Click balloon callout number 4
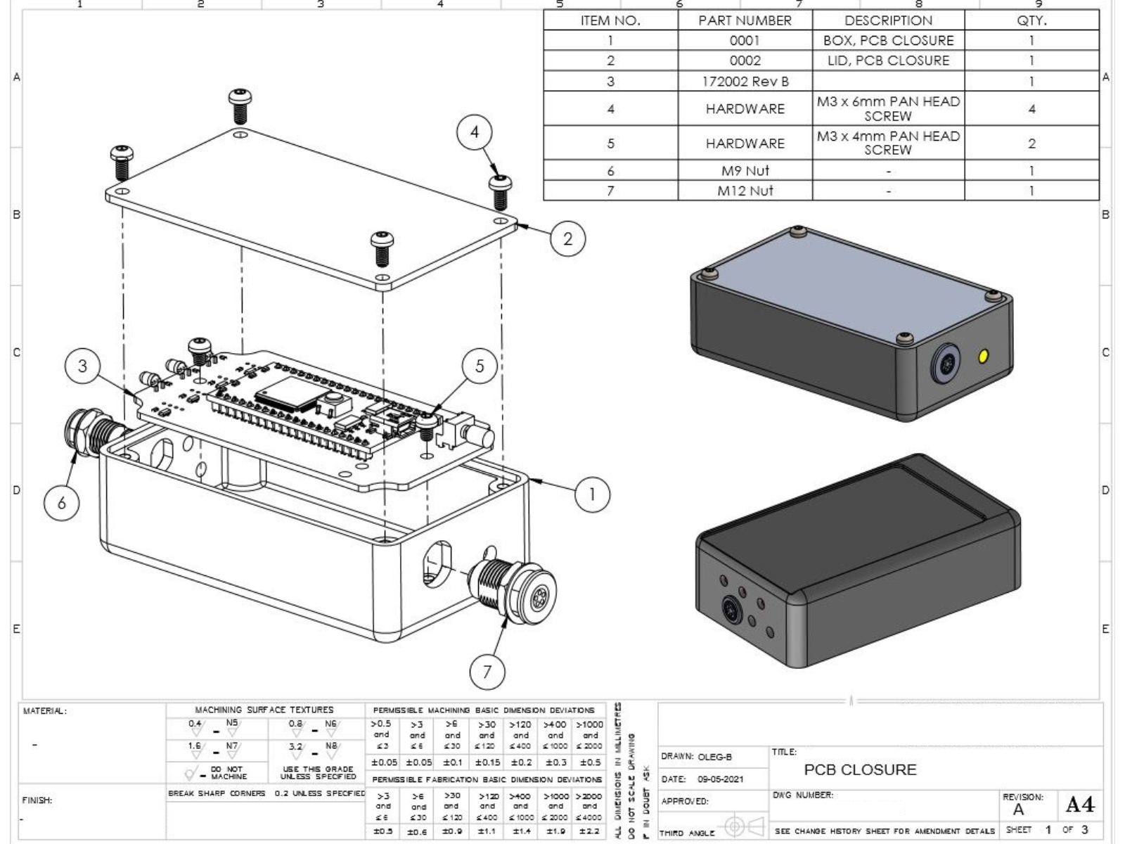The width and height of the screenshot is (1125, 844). [475, 132]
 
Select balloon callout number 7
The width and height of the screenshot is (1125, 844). [487, 672]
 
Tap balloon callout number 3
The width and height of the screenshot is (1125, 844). [83, 366]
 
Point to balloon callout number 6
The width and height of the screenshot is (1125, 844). [62, 502]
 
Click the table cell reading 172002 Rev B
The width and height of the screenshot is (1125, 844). [745, 82]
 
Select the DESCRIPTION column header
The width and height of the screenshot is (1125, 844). [888, 20]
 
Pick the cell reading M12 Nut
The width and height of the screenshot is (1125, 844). [745, 191]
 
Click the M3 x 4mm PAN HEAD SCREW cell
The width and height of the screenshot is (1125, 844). [888, 143]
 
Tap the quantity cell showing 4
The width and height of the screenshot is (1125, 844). [1031, 109]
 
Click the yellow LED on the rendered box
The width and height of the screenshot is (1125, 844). [983, 357]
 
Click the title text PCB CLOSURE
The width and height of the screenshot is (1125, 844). [860, 769]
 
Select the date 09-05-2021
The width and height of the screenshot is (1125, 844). [720, 779]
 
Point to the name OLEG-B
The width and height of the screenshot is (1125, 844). [714, 757]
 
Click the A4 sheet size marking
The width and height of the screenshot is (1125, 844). [1079, 804]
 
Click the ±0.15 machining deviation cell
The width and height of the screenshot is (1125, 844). [487, 762]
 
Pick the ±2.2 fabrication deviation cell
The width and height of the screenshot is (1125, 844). [589, 831]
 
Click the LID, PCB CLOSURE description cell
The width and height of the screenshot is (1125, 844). [888, 60]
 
